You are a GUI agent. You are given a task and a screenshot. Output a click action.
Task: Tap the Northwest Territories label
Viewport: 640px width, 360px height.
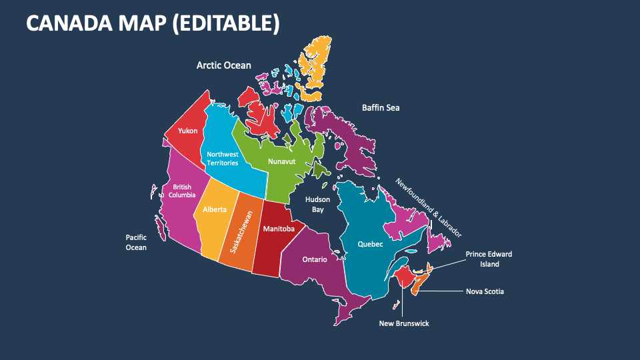tap(222, 159)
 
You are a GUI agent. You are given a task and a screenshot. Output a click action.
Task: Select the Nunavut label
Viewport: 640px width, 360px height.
tap(281, 161)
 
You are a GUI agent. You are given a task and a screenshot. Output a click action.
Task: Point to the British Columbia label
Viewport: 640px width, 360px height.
tap(181, 191)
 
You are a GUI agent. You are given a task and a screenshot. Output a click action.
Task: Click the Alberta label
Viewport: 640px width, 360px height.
tap(215, 209)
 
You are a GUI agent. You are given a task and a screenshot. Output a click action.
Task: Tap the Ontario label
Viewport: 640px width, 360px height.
tap(315, 259)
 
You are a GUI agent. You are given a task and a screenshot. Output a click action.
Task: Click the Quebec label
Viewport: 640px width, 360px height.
tap(371, 244)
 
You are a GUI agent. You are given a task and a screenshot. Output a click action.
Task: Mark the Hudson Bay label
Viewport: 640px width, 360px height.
tap(318, 205)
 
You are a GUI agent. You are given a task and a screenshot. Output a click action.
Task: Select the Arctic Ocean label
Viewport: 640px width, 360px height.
tap(223, 65)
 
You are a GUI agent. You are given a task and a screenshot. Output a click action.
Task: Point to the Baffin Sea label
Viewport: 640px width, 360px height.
tap(381, 107)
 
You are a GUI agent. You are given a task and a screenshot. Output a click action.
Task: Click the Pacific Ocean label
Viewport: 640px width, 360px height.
tap(136, 242)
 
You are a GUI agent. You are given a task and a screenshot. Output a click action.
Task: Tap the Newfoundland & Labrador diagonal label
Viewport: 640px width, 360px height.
tap(428, 207)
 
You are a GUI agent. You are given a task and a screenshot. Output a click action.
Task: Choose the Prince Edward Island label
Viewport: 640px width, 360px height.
tap(489, 259)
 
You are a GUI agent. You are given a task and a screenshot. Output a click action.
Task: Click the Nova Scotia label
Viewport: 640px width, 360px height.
tap(485, 291)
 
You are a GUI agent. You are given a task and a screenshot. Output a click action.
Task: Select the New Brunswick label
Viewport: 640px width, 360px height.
tap(404, 323)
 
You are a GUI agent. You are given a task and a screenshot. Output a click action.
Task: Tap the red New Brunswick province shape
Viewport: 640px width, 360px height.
tap(403, 275)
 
